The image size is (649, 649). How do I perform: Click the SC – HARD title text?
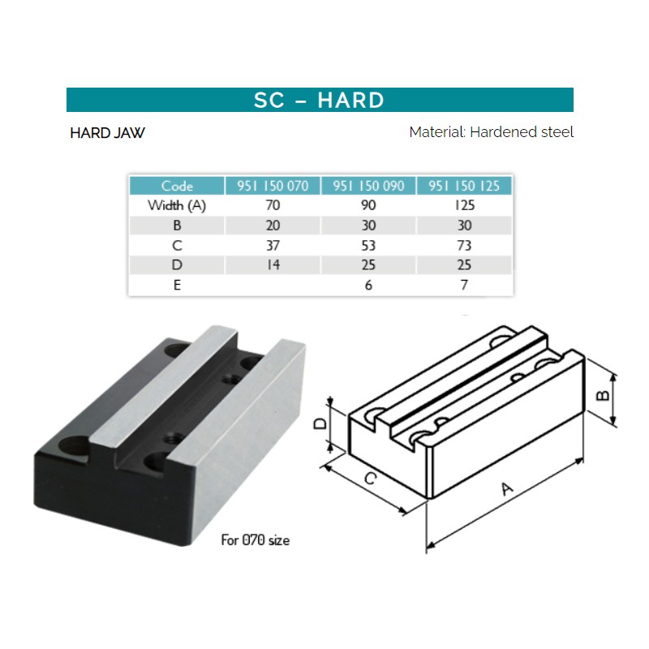(x=319, y=100)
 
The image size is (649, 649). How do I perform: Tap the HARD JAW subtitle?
(x=108, y=133)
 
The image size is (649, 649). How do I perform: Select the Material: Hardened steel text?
(x=492, y=132)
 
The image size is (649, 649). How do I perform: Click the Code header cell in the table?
(x=177, y=186)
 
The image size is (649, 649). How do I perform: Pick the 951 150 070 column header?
(x=273, y=186)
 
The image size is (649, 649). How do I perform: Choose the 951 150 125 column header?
(x=464, y=186)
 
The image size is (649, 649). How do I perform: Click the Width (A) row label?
(x=177, y=205)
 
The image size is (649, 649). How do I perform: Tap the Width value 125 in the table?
(x=464, y=205)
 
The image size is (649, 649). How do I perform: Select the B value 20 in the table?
(x=273, y=226)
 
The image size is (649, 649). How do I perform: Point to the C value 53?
(x=368, y=246)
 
